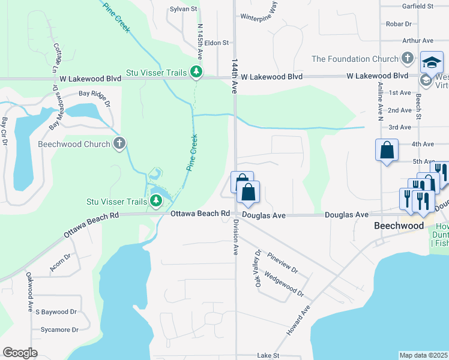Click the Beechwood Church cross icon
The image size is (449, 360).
[x=119, y=144]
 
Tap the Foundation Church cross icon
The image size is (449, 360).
[x=408, y=59]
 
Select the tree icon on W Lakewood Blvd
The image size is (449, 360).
[x=196, y=72]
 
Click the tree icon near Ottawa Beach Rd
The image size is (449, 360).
[x=156, y=200]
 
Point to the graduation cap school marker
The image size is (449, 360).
[x=432, y=62]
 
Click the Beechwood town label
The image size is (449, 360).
[x=399, y=226]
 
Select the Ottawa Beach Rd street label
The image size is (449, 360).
[x=200, y=214]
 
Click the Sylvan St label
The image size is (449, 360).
[x=184, y=9]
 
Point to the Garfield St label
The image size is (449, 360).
[x=418, y=6]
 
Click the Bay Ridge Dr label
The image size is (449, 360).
[x=95, y=98]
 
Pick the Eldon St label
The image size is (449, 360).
[x=217, y=43]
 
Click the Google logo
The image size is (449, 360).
[x=20, y=353]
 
